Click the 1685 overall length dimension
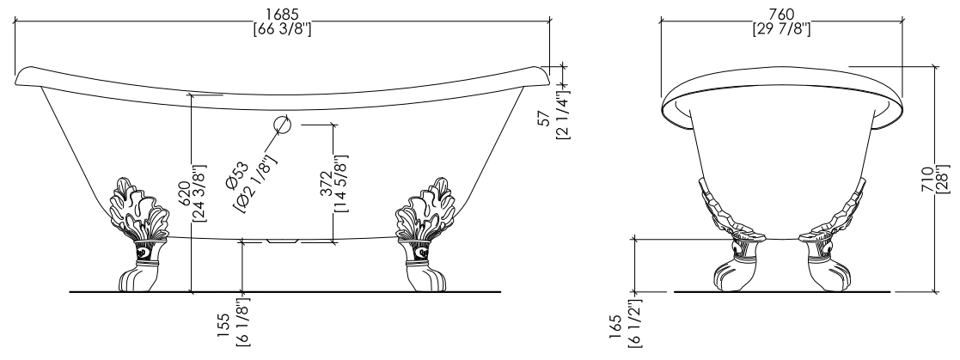tap(282, 13)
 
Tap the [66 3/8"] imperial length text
tap(282, 28)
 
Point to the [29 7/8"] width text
tap(781, 28)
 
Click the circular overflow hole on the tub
tap(282, 125)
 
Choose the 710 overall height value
tap(928, 180)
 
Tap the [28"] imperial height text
tap(943, 180)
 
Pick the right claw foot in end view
tap(832, 235)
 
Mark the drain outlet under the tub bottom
tap(282, 241)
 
